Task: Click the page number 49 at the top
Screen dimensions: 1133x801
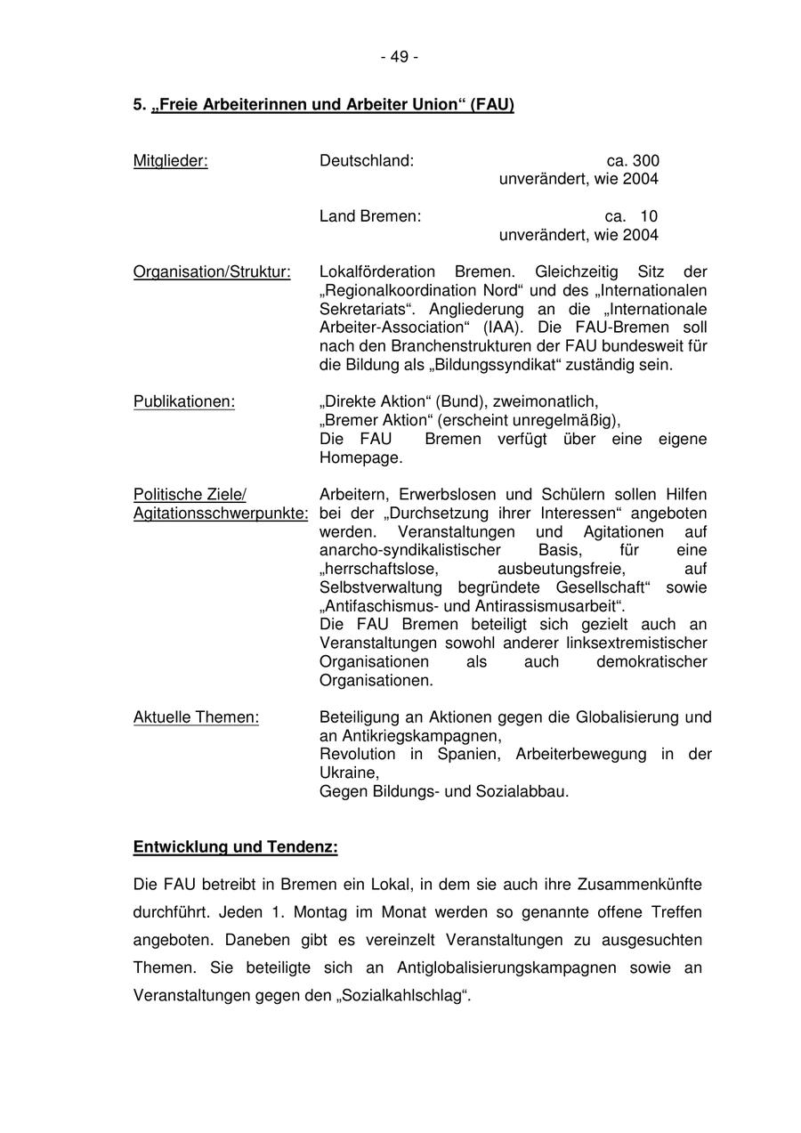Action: (400, 57)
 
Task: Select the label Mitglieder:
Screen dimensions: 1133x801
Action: (171, 161)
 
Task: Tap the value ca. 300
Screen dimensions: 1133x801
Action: (633, 161)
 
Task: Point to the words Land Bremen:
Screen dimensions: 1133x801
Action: (370, 216)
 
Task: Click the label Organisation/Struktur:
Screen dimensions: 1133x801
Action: (212, 272)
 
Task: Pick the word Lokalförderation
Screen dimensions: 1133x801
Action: (377, 272)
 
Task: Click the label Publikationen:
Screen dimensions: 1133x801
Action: (184, 402)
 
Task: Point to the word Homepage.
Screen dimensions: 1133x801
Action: (360, 458)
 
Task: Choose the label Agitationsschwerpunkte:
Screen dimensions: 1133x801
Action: (221, 514)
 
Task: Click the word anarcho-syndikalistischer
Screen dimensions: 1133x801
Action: (410, 551)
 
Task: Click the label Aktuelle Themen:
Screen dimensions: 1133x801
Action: (196, 717)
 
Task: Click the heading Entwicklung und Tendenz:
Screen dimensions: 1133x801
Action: (235, 847)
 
